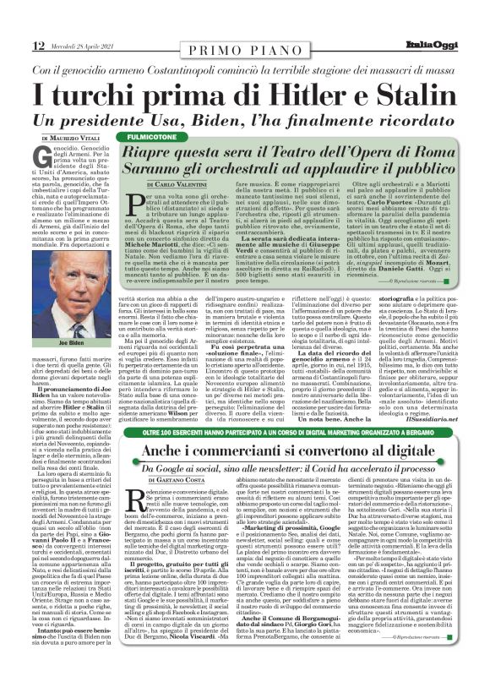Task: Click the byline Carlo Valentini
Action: pyautogui.click(x=181, y=184)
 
